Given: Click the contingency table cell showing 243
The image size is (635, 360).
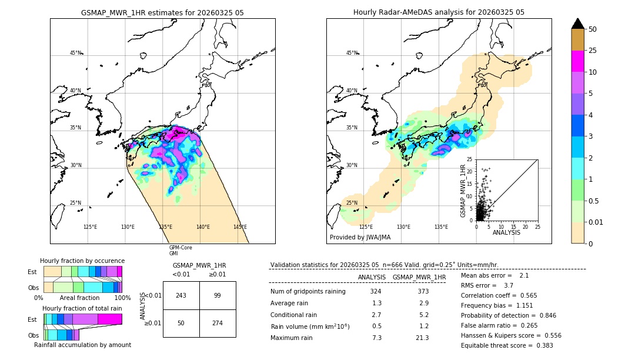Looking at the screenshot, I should point(181,295).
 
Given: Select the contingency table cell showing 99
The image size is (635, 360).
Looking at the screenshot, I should point(218,295).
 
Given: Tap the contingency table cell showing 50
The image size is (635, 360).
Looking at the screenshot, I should point(181,323).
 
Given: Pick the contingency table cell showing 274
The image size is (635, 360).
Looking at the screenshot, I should point(218,323).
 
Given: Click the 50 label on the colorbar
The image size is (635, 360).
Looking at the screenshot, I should point(593,29).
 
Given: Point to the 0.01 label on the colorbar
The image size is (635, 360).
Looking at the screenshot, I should point(596,222).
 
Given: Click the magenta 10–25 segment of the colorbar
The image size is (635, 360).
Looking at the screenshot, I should point(577,62).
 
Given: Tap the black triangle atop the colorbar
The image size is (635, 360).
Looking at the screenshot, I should point(577,24).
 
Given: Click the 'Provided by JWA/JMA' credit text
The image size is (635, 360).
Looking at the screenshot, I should point(360,237).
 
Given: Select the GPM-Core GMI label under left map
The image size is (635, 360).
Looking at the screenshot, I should point(180,250).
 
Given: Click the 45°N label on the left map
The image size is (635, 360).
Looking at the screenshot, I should point(75,53).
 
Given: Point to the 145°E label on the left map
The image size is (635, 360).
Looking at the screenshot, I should point(240,227).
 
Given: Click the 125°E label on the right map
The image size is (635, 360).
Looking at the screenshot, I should point(366,227).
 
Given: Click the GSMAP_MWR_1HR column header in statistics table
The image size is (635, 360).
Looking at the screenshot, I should point(419,277).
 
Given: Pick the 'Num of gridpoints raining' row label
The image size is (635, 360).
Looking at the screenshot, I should point(308,292).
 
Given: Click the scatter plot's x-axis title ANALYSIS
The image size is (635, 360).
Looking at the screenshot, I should point(506,232).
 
